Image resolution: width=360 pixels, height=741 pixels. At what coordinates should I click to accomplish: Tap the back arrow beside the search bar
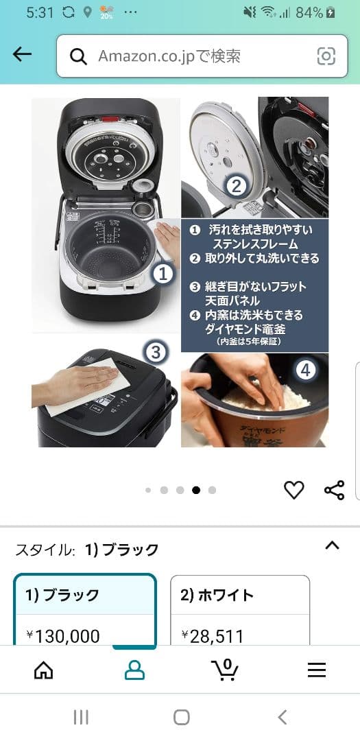[x=23, y=55]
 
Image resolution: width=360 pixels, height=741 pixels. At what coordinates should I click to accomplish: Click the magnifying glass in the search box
[x=79, y=56]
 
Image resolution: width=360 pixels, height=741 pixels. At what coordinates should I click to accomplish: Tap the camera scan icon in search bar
[x=326, y=56]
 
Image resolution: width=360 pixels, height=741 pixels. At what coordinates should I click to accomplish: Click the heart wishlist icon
[x=293, y=490]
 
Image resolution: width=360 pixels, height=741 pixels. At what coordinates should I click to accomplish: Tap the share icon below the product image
[x=334, y=490]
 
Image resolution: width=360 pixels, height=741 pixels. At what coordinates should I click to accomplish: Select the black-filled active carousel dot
[x=196, y=490]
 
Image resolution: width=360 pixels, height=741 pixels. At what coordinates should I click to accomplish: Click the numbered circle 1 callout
[x=163, y=274]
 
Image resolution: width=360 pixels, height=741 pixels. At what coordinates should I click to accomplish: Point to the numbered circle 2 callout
[x=235, y=185]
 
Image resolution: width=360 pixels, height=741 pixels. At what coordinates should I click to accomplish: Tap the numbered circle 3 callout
[x=156, y=353]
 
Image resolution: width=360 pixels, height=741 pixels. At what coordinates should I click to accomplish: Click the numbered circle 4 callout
[x=305, y=370]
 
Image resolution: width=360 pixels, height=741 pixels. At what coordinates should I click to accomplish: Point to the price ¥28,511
[x=213, y=637]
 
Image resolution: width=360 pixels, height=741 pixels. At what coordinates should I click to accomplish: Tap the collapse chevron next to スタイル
[x=332, y=546]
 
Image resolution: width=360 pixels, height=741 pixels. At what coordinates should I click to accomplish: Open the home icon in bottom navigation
[x=43, y=670]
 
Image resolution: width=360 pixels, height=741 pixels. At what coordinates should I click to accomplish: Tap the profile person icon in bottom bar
[x=134, y=670]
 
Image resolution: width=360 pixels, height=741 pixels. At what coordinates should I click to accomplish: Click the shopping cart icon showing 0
[x=225, y=669]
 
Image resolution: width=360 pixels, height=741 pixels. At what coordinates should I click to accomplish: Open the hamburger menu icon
[x=316, y=670]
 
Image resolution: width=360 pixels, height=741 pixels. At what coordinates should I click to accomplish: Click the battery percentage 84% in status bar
[x=309, y=12]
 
